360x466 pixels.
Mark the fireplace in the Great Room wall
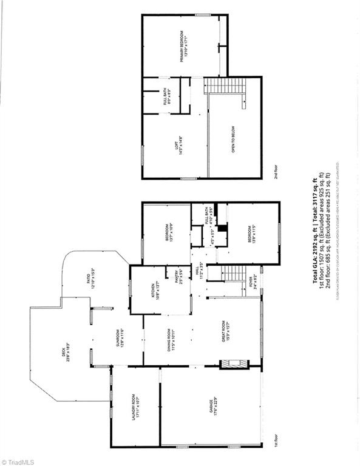234,365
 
